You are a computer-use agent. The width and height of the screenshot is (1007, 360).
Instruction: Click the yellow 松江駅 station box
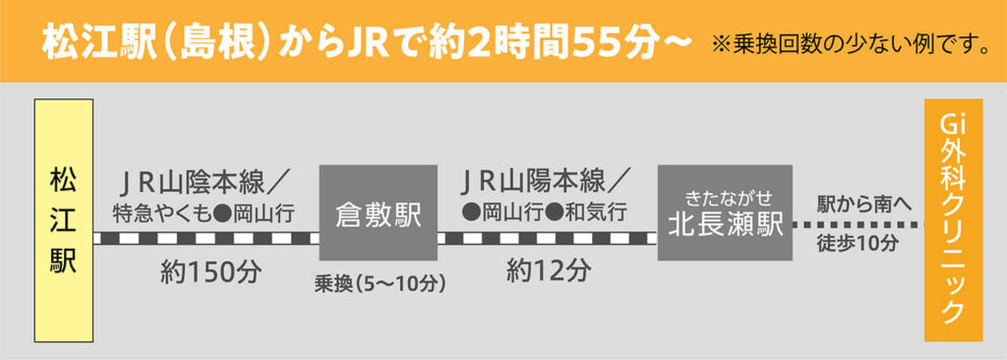(x=63, y=220)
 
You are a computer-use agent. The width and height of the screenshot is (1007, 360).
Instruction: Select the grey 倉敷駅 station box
(x=378, y=212)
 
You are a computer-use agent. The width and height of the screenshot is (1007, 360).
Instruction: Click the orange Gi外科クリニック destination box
(x=953, y=220)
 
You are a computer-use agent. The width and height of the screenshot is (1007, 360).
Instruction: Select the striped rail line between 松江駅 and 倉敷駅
(x=206, y=237)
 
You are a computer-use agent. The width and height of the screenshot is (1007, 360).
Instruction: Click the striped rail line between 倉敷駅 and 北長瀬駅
(x=547, y=237)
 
